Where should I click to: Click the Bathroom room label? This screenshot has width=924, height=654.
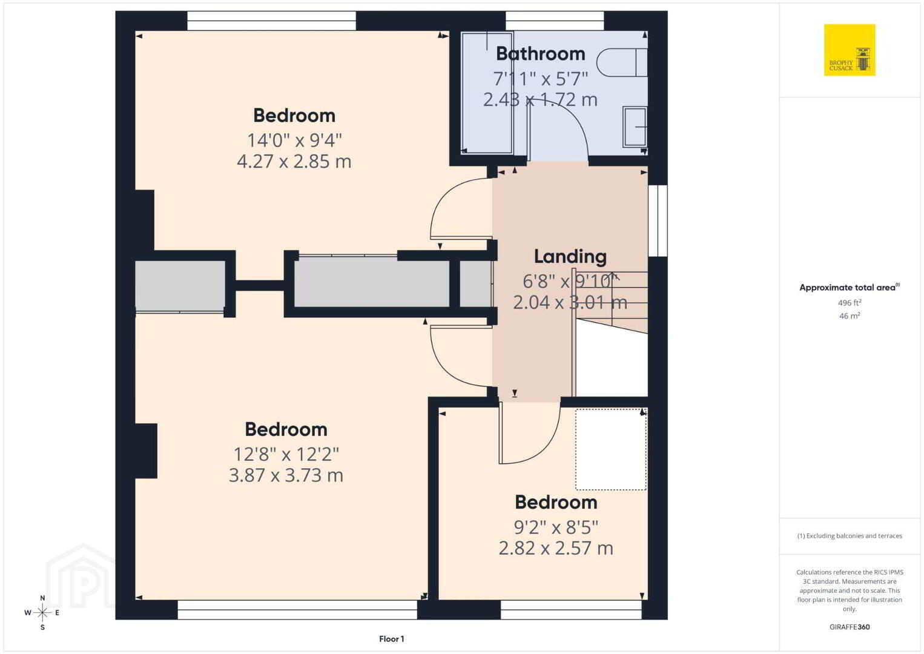click(540, 54)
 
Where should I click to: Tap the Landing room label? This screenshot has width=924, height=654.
click(570, 257)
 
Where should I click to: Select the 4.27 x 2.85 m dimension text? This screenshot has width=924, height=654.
click(294, 161)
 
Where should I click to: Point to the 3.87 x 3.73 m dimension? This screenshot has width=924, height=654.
click(286, 475)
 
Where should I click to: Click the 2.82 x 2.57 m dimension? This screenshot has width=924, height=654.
click(556, 549)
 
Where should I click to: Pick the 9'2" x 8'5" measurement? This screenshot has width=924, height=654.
click(556, 527)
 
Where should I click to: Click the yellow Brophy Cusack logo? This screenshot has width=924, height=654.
click(850, 50)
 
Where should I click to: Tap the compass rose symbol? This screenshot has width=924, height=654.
click(42, 613)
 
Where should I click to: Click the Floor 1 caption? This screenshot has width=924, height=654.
click(392, 639)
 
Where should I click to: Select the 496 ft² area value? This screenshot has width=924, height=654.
click(850, 302)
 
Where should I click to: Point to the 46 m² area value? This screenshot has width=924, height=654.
click(850, 315)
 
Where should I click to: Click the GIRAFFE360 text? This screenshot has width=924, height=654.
click(850, 627)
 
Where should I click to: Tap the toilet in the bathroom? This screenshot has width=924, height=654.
click(622, 63)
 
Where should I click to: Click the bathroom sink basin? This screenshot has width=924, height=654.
click(635, 127)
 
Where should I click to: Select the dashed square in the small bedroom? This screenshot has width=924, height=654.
click(611, 449)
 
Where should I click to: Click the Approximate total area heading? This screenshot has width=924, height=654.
click(850, 288)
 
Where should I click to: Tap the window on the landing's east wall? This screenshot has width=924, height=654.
click(658, 221)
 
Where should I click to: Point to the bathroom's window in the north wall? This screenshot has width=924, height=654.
click(555, 21)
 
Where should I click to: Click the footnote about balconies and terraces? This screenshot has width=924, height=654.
click(850, 536)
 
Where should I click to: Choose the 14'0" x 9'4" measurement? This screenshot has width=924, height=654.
click(294, 140)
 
